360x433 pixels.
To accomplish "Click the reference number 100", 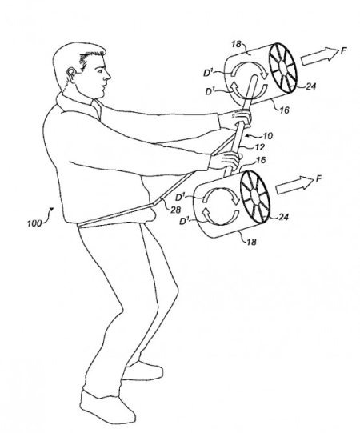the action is pos(34,223).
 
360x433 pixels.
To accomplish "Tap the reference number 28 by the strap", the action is pos(175,210).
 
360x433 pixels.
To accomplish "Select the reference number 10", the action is pos(267,136).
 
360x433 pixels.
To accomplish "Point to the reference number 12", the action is pos(260,147).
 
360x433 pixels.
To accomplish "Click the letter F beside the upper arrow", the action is pos(343,50).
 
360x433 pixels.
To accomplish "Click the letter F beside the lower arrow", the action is pos(318,179).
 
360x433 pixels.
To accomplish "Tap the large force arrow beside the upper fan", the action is pos(319,57).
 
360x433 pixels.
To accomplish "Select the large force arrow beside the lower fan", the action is pos(295,186).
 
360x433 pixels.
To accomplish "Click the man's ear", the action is pos(71,75).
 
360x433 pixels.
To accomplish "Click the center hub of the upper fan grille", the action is pos(282,67).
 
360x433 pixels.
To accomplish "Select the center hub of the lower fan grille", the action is pos(255,197).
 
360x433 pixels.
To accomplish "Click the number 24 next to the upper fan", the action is pos(310,86).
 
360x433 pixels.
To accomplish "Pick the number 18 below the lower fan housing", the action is pos(251,242).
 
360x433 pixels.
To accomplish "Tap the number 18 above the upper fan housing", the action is pos(236,44).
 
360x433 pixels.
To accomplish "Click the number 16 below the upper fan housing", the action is pos(284,110).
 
